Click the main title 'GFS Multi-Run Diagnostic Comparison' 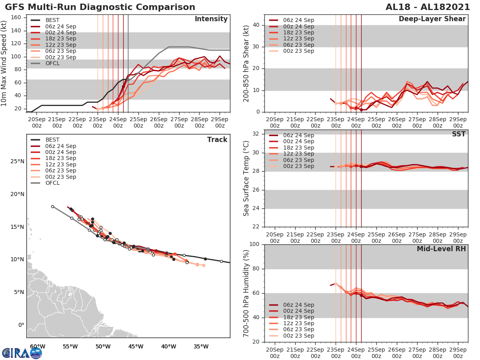click(x=100, y=7)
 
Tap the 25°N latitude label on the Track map click(x=16, y=162)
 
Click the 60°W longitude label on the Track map click(x=38, y=346)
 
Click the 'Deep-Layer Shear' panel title click(x=432, y=19)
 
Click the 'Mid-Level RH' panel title click(x=441, y=249)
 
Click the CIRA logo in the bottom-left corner click(x=22, y=353)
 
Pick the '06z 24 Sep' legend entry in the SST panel click(x=298, y=135)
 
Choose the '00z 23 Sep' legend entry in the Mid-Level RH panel click(x=298, y=336)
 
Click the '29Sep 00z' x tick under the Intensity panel click(x=220, y=122)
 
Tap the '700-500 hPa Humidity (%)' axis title click(x=246, y=293)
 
